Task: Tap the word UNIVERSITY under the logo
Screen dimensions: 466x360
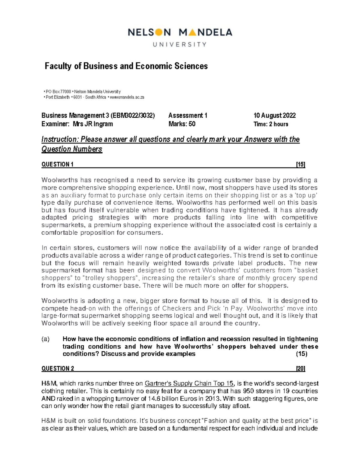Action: click(180, 44)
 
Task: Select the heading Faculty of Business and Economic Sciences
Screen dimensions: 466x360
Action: click(126, 66)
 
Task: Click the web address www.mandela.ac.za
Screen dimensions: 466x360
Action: click(127, 97)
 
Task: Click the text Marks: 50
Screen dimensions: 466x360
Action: click(182, 124)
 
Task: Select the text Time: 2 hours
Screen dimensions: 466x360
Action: click(271, 124)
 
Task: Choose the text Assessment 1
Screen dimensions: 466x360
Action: click(188, 116)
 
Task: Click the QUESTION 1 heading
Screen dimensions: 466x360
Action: click(57, 164)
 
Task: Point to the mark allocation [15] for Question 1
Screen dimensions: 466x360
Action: click(300, 164)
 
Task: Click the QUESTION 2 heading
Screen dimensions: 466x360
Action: click(58, 368)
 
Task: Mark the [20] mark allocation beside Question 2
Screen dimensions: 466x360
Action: click(300, 368)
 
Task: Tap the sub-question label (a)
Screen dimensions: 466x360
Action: click(46, 339)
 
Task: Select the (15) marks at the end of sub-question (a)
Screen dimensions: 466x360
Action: click(301, 354)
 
